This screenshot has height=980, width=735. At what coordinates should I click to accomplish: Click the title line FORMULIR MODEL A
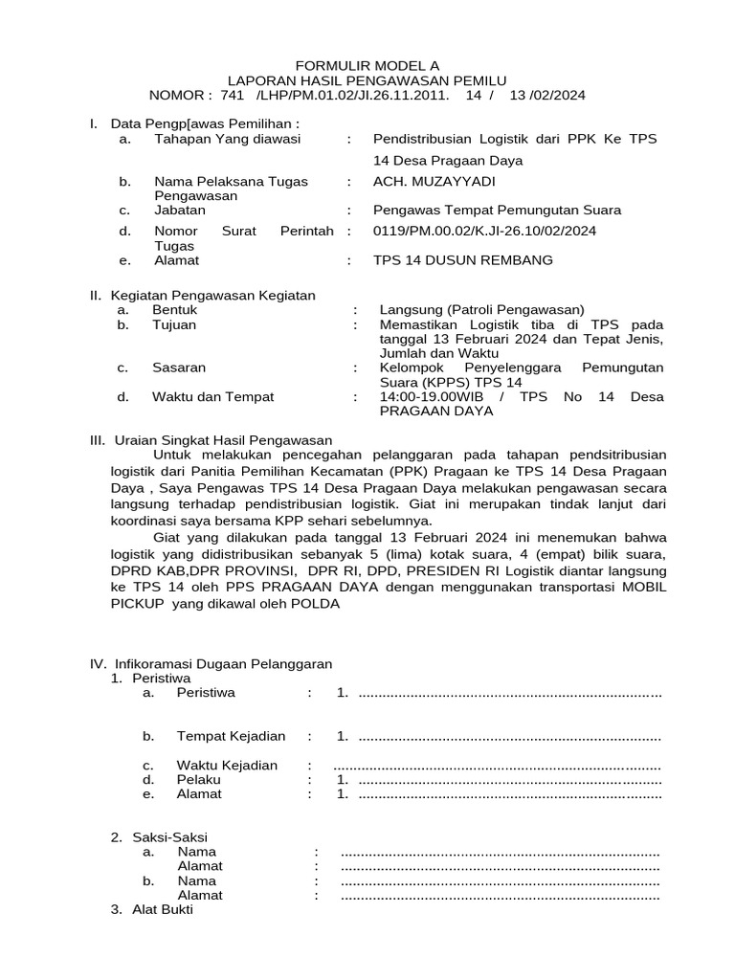click(x=367, y=65)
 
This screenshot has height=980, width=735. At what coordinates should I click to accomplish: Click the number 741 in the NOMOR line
click(x=233, y=96)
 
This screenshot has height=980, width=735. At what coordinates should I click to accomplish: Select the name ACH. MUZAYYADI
click(x=434, y=182)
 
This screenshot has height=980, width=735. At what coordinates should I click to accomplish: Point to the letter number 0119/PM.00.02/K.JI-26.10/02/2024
click(x=484, y=232)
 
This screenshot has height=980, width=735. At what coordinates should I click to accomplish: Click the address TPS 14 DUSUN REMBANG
click(x=462, y=260)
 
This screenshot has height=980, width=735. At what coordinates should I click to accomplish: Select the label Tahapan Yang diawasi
click(x=227, y=140)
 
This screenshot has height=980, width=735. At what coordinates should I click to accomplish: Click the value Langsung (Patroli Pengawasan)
click(x=481, y=310)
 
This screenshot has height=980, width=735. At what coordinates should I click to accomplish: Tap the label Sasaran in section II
click(x=179, y=367)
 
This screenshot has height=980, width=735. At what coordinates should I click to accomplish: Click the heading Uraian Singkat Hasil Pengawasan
click(x=223, y=440)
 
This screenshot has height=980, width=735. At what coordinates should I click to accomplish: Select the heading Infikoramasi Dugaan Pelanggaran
click(x=223, y=663)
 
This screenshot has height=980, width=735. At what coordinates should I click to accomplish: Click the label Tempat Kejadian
click(x=231, y=736)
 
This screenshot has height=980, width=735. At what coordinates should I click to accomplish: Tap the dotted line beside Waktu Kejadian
click(x=497, y=766)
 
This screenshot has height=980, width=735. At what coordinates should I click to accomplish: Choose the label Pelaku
click(x=198, y=780)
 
